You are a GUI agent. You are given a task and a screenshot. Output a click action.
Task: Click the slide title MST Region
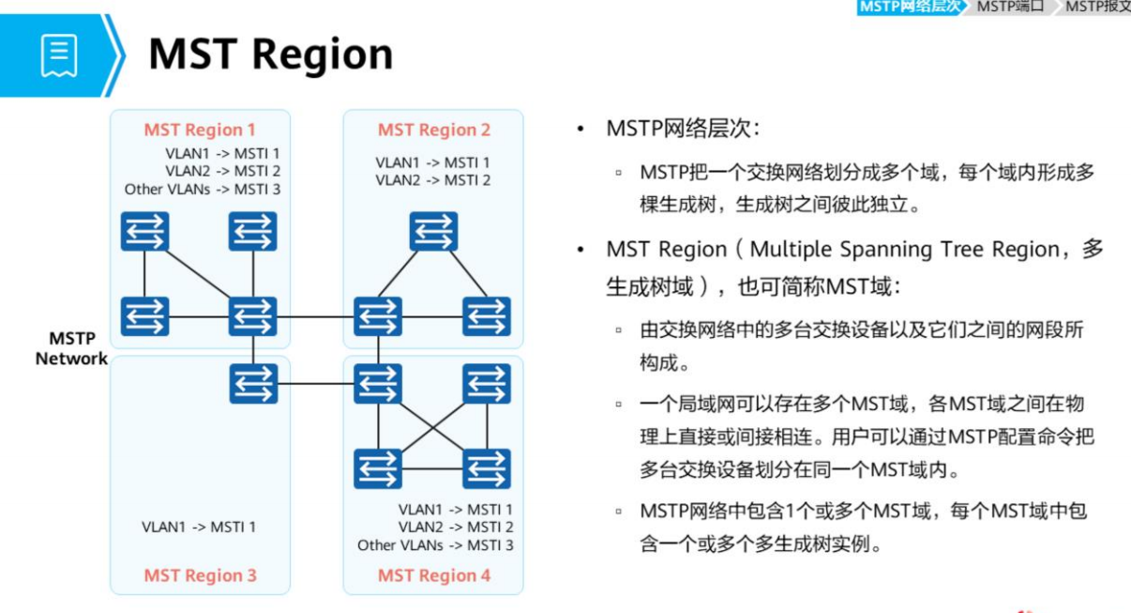(270, 54)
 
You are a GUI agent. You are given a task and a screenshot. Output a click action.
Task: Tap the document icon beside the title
(58, 54)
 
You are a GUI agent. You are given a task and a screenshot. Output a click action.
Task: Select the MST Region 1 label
(199, 130)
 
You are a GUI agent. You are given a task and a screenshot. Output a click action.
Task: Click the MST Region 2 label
(433, 130)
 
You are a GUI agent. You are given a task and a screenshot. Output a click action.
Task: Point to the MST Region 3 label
(200, 575)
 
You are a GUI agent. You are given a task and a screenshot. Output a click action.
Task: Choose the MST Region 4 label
(433, 575)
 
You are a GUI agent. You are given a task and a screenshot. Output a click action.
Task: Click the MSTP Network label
(71, 348)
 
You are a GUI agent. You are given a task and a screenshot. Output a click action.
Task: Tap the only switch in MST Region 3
(253, 383)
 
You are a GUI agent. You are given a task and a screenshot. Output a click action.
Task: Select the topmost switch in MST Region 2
(432, 231)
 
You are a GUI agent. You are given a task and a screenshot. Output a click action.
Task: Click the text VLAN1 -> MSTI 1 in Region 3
(198, 527)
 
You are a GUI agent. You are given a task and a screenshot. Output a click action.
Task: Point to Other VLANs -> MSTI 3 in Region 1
(202, 189)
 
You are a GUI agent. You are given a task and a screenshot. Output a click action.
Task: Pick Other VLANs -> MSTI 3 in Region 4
(434, 544)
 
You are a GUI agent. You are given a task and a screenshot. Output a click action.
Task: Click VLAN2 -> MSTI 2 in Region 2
(432, 179)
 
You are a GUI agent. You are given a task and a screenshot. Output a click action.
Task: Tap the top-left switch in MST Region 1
(144, 231)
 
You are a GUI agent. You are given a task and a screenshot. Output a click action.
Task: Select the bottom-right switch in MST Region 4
(486, 468)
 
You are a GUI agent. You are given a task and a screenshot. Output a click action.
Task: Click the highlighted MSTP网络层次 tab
(909, 7)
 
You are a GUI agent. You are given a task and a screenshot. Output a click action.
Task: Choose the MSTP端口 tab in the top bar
(1010, 7)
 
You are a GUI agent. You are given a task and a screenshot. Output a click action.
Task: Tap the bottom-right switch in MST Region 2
(486, 316)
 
